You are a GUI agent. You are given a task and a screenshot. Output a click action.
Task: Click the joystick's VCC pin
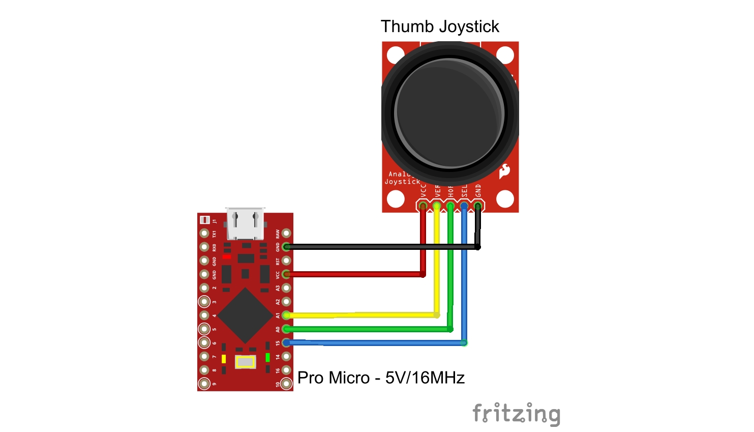point(423,206)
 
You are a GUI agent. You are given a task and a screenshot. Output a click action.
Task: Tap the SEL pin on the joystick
point(464,206)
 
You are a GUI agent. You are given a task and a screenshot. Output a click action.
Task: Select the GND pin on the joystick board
point(478,206)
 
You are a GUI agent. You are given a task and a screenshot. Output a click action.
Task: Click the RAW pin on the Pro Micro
point(287,233)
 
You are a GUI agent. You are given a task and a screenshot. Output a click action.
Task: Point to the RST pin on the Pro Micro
point(287,261)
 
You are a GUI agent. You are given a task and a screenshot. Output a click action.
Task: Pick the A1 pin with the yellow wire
point(287,315)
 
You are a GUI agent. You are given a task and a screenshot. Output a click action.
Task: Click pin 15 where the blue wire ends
point(287,342)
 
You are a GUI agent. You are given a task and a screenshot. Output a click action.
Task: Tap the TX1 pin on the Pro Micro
point(204,233)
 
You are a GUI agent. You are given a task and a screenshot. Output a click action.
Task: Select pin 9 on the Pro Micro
point(204,384)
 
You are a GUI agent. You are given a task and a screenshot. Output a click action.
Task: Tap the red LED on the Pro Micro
point(227,257)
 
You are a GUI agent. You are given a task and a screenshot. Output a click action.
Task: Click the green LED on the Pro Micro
point(267,358)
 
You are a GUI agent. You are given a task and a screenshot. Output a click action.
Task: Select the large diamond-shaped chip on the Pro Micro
point(245,315)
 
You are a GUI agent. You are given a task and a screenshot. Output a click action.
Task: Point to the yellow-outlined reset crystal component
point(245,362)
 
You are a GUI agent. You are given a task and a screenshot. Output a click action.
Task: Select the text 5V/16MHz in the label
point(425,378)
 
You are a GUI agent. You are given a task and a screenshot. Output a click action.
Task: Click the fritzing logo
point(516,414)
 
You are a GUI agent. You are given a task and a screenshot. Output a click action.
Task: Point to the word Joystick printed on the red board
point(402,182)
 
